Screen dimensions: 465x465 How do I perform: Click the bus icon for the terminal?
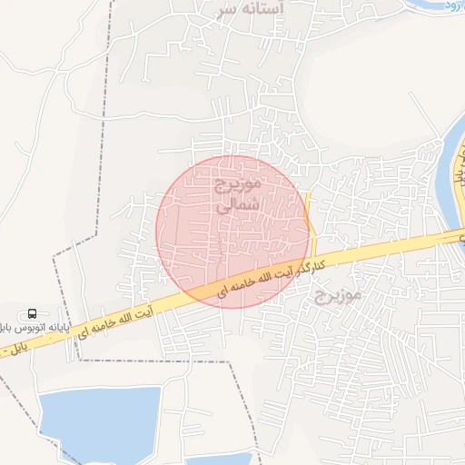tap(33, 313)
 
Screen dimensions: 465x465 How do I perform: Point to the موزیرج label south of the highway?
tap(338, 293)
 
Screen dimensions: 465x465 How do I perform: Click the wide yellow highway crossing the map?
tap(381, 250)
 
